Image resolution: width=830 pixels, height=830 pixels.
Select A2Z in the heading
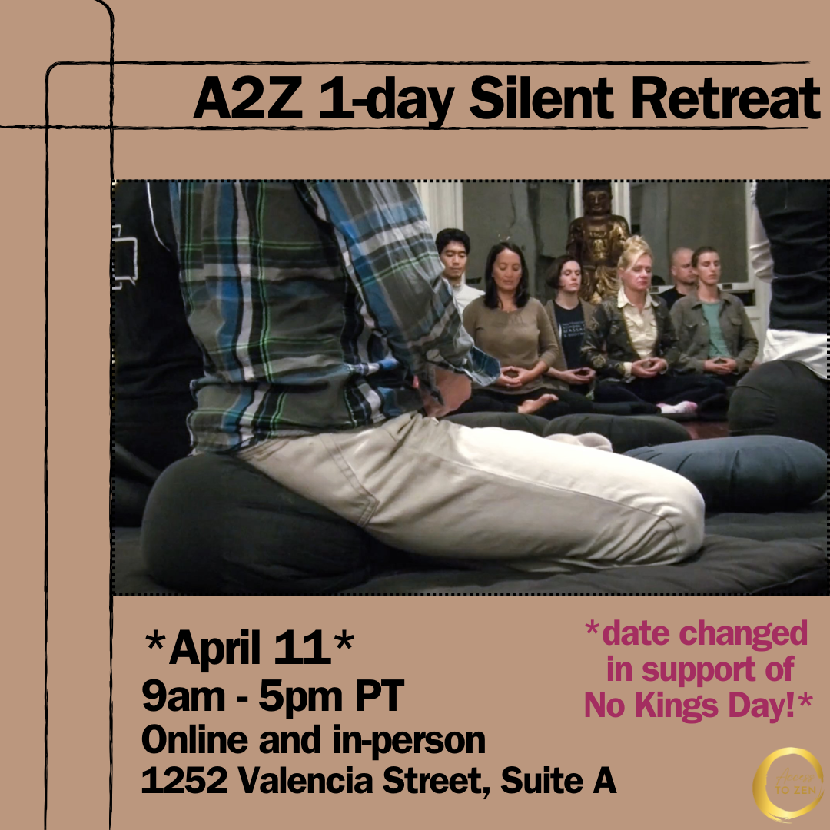tap(247, 98)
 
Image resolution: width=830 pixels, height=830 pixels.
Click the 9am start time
tap(175, 697)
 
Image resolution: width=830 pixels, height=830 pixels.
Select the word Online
tap(194, 740)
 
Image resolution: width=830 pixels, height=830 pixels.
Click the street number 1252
tap(184, 782)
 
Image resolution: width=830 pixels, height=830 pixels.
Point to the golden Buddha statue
tap(598, 238)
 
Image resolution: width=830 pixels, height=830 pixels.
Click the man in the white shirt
tap(456, 265)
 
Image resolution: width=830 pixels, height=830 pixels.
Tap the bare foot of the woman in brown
tap(538, 401)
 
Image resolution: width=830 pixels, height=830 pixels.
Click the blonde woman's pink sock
tap(681, 407)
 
